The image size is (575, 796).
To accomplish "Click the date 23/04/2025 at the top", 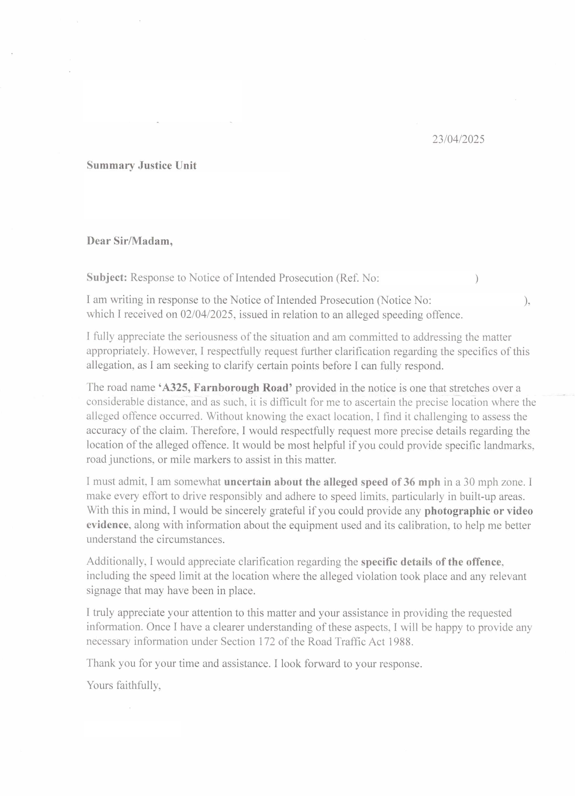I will click(x=458, y=139).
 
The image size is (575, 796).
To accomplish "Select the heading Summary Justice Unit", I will click(x=141, y=165).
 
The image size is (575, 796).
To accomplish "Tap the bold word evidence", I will click(x=107, y=525).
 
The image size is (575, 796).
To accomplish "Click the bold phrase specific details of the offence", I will click(x=431, y=562).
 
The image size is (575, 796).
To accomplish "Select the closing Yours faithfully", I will click(x=124, y=685).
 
